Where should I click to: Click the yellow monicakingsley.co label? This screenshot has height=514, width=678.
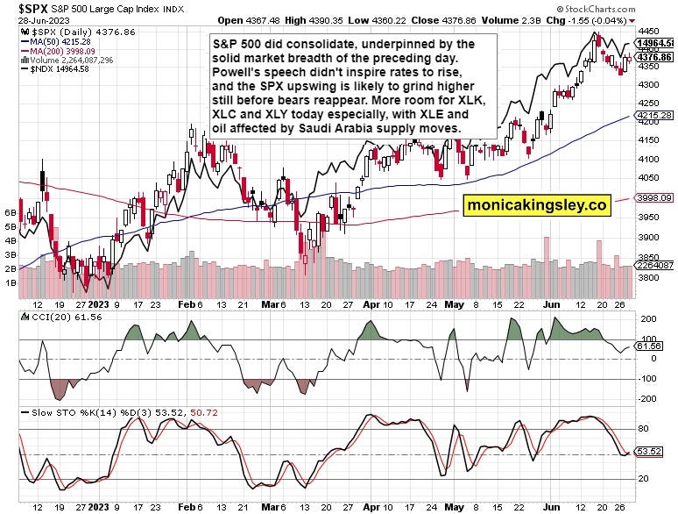(x=536, y=204)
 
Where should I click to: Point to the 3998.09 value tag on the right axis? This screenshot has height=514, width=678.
(x=656, y=198)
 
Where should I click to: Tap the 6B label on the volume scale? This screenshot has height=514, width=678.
(x=11, y=213)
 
